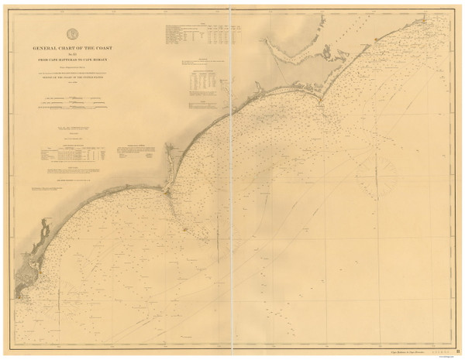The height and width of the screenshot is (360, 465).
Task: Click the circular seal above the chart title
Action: pyautogui.click(x=72, y=33)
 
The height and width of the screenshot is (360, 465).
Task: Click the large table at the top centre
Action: pyautogui.click(x=198, y=35)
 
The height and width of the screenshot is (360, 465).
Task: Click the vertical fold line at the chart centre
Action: pyautogui.click(x=233, y=194)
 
